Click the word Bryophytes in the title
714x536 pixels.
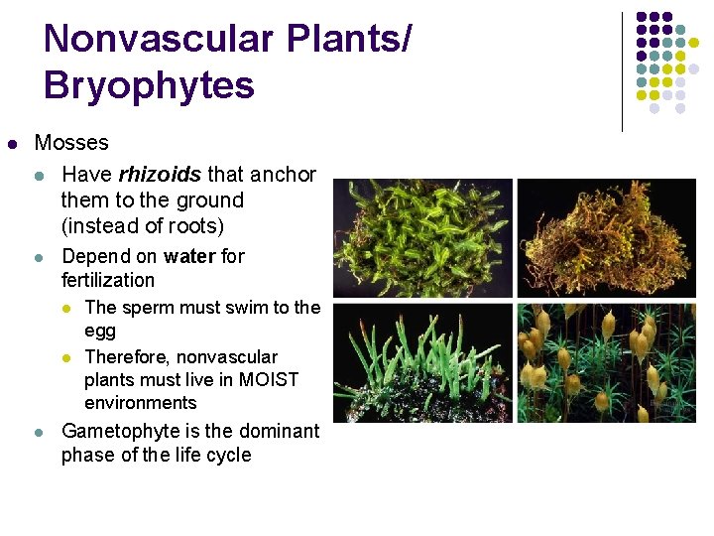149,85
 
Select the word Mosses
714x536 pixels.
71,142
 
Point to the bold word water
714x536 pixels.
190,256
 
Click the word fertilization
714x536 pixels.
108,280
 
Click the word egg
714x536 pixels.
100,331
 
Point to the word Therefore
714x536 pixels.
127,356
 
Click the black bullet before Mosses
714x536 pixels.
12,143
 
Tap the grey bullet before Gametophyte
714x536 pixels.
39,432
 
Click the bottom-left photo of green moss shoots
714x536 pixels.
422,363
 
